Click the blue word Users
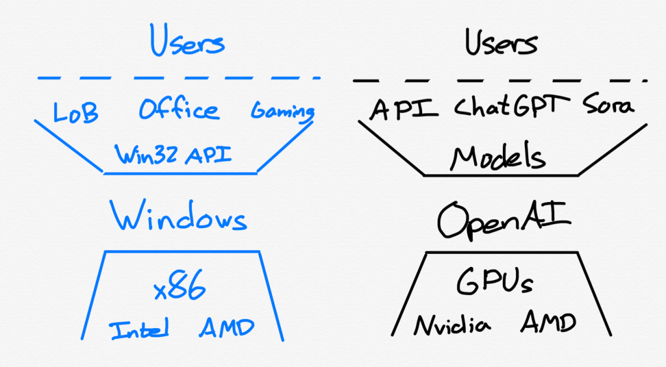[187, 42]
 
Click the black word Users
[501, 43]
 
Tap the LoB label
[75, 112]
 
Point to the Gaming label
[282, 112]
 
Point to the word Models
[499, 157]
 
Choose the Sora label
[607, 106]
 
